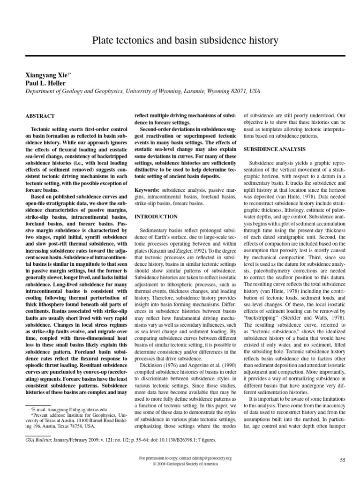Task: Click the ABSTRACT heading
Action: click(x=40, y=116)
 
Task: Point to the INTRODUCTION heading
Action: click(x=156, y=217)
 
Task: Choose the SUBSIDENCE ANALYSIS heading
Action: click(x=274, y=149)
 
